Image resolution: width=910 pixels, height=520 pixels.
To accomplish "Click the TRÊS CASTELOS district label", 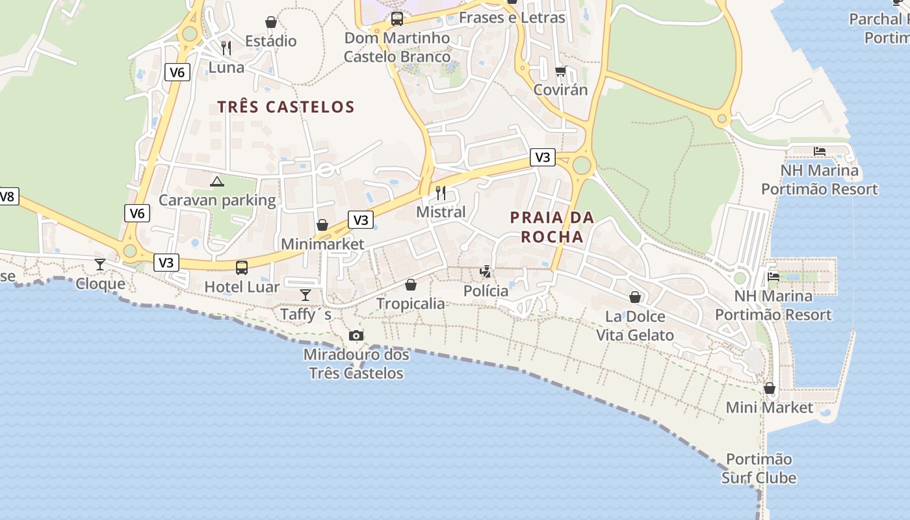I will (286, 107).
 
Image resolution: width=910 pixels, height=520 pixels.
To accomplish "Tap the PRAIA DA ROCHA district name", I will (552, 227).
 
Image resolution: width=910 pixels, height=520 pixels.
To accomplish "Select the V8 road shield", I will (8, 196).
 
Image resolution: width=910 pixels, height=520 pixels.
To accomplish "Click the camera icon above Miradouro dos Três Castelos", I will (356, 335).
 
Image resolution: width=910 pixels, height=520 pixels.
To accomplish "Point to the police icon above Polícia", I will (485, 272).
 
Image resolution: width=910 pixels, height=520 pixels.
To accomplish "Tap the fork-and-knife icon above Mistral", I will (441, 192).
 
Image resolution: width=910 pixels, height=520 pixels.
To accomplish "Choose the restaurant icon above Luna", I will (226, 47).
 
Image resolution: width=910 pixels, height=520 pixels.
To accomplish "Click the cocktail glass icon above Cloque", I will (100, 264).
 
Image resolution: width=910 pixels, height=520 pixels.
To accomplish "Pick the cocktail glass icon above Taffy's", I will (305, 295).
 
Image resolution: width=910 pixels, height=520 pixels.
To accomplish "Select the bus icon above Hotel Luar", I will (242, 267).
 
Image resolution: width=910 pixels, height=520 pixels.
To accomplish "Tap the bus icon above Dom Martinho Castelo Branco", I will (396, 18).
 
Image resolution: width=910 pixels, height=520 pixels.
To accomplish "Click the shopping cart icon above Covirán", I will (560, 70).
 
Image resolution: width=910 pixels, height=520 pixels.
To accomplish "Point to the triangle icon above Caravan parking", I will (217, 181).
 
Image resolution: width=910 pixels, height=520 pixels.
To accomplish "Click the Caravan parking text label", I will (217, 200).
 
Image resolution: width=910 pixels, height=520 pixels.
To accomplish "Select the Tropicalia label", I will (411, 304).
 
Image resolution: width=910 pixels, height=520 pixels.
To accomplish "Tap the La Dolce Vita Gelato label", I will (635, 326).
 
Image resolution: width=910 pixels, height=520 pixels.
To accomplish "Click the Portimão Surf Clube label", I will (759, 469).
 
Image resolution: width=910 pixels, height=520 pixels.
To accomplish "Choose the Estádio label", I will (271, 41).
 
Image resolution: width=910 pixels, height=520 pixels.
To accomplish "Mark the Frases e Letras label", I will (512, 18).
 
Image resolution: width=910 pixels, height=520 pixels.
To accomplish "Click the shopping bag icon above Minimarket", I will (322, 225).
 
